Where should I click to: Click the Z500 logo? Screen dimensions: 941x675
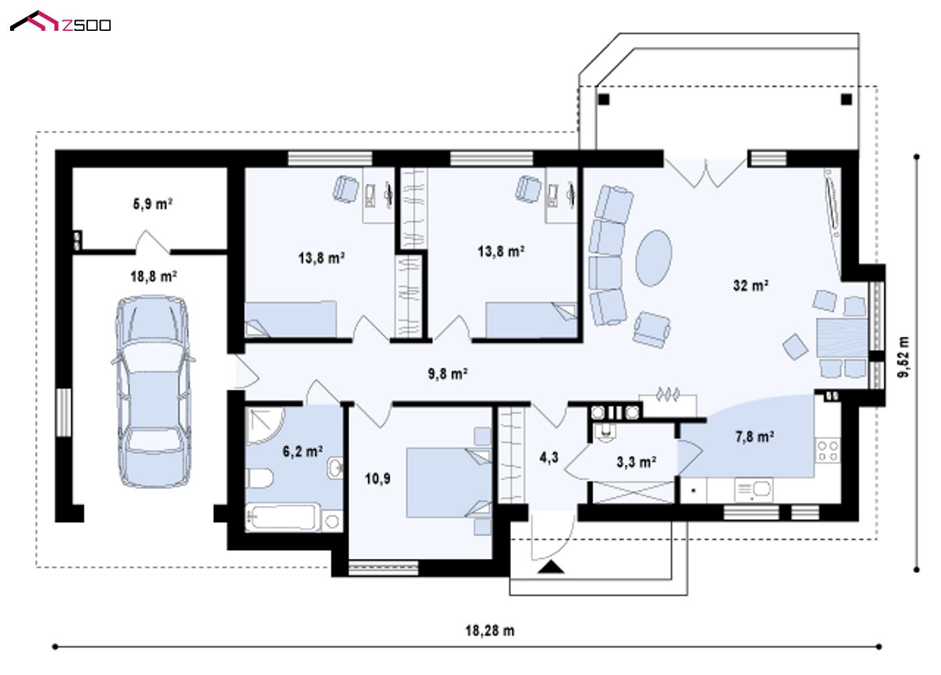60,21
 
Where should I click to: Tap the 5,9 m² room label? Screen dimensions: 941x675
152,204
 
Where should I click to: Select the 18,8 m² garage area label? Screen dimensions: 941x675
154,276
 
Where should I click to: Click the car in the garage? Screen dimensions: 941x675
153,391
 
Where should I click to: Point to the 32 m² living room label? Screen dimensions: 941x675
751,286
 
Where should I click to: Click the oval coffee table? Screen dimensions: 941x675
653,258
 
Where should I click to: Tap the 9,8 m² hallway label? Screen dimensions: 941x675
448,374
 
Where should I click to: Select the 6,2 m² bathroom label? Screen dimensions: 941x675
302,452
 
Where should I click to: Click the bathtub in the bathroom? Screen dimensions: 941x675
282,517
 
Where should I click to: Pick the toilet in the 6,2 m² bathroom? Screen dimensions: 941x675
259,478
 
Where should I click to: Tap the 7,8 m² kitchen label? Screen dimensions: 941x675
755,437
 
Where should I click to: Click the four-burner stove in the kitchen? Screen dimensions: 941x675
828,451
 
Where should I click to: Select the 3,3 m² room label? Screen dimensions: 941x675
636,462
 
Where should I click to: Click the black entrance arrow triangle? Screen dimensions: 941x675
551,567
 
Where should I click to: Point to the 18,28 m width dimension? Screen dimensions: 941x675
490,631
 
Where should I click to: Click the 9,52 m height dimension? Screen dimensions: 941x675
903,357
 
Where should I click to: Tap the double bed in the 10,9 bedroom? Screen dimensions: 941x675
449,482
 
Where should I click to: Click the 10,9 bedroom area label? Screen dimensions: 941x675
378,478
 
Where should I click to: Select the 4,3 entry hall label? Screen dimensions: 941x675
549,458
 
